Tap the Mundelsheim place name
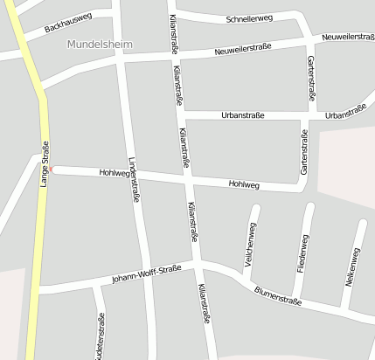(x=97, y=43)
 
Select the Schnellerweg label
(x=249, y=18)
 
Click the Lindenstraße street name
(x=135, y=180)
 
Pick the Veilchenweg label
(x=251, y=246)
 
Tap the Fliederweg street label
(x=302, y=254)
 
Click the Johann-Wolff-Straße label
(x=145, y=273)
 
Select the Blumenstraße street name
(x=277, y=295)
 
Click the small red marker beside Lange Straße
(x=52, y=169)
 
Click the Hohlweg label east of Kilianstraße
(x=244, y=184)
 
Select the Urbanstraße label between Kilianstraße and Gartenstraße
(x=244, y=114)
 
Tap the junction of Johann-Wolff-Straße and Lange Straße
(x=39, y=288)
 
